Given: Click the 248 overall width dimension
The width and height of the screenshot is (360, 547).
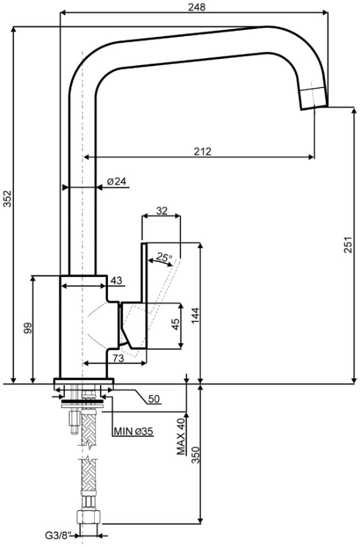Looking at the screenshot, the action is coord(197,7).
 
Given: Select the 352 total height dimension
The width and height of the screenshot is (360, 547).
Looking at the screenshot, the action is coord(7,198).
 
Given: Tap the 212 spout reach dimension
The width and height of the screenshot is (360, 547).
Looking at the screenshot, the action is coord(203,152).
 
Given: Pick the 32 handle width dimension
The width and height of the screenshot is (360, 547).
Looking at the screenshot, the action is coord(162,211).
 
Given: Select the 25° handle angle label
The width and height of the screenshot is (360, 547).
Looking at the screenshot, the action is coord(164,258).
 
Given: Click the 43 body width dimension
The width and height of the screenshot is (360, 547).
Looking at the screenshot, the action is coord(117,280).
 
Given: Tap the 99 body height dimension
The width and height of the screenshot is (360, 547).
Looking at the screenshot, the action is coord(28,328).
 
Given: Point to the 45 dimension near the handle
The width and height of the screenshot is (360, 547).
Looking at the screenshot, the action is coord(176,324).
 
